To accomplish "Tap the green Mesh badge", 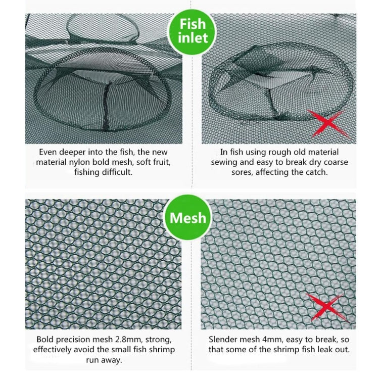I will (187, 218).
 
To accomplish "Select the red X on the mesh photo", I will (323, 307).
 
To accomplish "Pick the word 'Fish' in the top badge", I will (193, 24).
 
